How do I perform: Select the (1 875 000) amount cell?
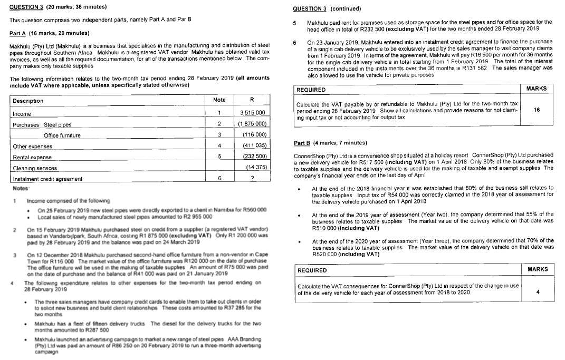(253, 124)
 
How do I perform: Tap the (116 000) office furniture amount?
(255, 135)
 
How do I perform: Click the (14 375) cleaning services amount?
(257, 167)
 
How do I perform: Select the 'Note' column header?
(219, 100)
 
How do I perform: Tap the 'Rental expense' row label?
(32, 157)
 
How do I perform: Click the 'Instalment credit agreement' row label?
(47, 179)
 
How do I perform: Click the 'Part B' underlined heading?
(302, 143)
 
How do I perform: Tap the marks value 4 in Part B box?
(537, 291)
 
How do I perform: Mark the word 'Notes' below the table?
(21, 188)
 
